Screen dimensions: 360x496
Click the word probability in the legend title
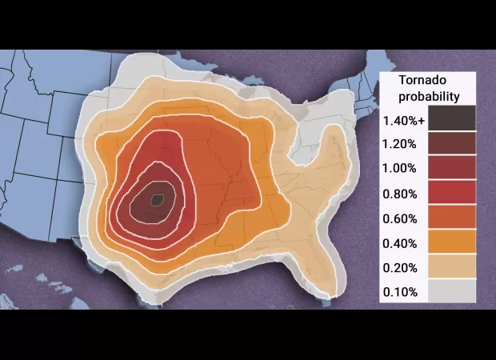pyautogui.click(x=430, y=97)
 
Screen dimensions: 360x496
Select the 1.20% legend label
pyautogui.click(x=399, y=144)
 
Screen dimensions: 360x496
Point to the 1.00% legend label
pyautogui.click(x=399, y=168)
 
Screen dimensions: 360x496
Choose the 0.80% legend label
pyautogui.click(x=399, y=194)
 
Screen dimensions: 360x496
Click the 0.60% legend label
pyautogui.click(x=399, y=218)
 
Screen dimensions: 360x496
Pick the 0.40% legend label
pyautogui.click(x=399, y=243)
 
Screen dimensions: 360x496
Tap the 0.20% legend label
pyautogui.click(x=399, y=267)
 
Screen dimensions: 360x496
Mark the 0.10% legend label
pyautogui.click(x=399, y=292)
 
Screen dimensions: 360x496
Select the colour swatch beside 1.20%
pyautogui.click(x=451, y=143)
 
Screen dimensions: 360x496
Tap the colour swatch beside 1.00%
pyautogui.click(x=451, y=168)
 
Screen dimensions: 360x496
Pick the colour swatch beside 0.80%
pyautogui.click(x=451, y=193)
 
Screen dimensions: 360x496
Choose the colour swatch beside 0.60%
pyautogui.click(x=451, y=218)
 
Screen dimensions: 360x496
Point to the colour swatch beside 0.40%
pyautogui.click(x=451, y=242)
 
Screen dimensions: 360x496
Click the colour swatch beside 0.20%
pyautogui.click(x=451, y=267)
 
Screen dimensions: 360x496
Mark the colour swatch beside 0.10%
pyautogui.click(x=451, y=291)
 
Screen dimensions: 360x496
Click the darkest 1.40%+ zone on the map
pyautogui.click(x=158, y=199)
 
